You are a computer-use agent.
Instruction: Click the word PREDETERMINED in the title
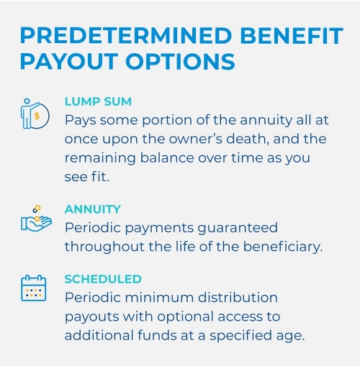tap(126, 35)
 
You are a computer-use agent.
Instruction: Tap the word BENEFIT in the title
tap(292, 35)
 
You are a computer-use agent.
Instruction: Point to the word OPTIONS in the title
tap(180, 61)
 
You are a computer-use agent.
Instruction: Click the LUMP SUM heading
tap(98, 101)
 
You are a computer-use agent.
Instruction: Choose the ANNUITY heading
tap(93, 209)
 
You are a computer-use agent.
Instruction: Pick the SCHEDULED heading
tap(103, 279)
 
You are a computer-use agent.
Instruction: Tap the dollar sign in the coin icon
tap(37, 116)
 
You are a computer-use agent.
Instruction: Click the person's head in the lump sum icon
tap(27, 101)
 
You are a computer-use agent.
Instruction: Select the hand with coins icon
tap(36, 219)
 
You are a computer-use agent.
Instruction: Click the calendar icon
tap(34, 288)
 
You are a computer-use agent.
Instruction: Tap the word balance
tap(167, 158)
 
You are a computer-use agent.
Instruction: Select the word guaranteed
tap(238, 228)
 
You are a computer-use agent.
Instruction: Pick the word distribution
tap(238, 298)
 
